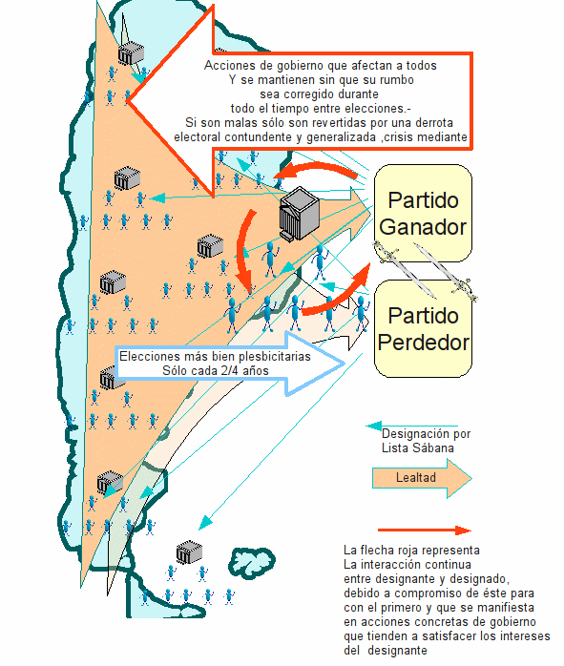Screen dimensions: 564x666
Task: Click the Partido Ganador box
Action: (423, 213)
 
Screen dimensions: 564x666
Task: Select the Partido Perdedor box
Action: (423, 328)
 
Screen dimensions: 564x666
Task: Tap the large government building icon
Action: (299, 214)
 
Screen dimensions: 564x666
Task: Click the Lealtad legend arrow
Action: (422, 478)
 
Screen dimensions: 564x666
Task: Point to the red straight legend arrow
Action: (425, 531)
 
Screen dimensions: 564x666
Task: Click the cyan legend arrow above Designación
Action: (412, 426)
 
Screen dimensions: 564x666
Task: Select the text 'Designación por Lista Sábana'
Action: (426, 441)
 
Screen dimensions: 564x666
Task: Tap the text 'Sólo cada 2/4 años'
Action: (216, 371)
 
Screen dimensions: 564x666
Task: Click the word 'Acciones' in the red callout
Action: (224, 66)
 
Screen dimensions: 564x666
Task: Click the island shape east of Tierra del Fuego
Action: (252, 562)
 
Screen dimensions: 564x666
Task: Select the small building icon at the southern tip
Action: (189, 552)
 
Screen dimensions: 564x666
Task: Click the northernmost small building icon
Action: (131, 53)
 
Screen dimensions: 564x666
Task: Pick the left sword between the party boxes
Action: (404, 269)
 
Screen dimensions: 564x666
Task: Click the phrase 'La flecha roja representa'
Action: (411, 551)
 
